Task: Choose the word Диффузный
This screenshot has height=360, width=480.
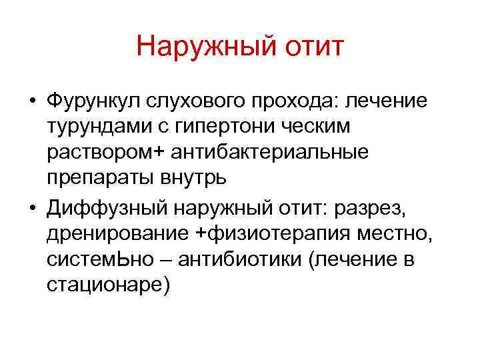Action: pyautogui.click(x=107, y=210)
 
